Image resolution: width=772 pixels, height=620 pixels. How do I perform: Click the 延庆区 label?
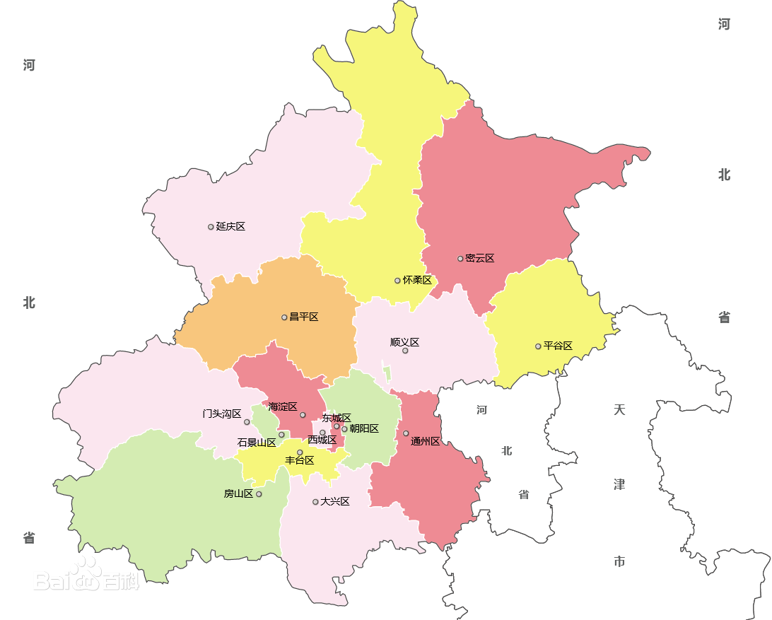pyautogui.click(x=230, y=227)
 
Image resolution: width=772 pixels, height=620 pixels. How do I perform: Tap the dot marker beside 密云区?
pyautogui.click(x=460, y=259)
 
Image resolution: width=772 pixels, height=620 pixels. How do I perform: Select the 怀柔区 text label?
pyautogui.click(x=417, y=281)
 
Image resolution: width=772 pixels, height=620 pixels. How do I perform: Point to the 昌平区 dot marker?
pyautogui.click(x=284, y=317)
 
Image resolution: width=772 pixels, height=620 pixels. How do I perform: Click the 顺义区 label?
pyautogui.click(x=404, y=342)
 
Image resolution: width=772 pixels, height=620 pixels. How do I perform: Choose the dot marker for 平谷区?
pyautogui.click(x=538, y=346)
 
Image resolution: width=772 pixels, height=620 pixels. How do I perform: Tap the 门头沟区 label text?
pyautogui.click(x=222, y=414)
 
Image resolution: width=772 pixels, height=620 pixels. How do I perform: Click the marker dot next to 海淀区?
pyautogui.click(x=303, y=415)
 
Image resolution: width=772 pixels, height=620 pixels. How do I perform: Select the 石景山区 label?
pyautogui.click(x=256, y=443)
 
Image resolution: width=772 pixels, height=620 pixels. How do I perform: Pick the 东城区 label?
pyautogui.click(x=337, y=418)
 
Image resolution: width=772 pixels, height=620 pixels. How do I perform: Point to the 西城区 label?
pyautogui.click(x=322, y=440)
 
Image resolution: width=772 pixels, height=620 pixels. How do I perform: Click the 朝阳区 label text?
pyautogui.click(x=364, y=429)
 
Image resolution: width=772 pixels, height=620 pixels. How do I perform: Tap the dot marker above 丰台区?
pyautogui.click(x=300, y=452)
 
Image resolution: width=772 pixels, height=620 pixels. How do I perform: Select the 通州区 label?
pyautogui.click(x=425, y=442)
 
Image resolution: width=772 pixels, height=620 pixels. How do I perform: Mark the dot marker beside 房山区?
pyautogui.click(x=259, y=494)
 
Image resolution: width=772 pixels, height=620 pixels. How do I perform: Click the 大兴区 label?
pyautogui.click(x=335, y=502)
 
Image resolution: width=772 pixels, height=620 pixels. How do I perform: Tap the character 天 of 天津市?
pyautogui.click(x=619, y=410)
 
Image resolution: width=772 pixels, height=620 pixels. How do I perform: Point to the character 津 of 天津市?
pyautogui.click(x=619, y=485)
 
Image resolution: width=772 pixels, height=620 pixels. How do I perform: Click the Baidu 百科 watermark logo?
pyautogui.click(x=88, y=576)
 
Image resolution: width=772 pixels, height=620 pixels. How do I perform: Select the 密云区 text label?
pyautogui.click(x=480, y=259)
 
